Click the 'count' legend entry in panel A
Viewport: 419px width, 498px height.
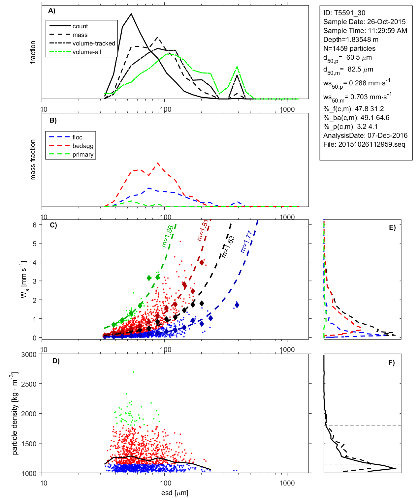coord(80,26)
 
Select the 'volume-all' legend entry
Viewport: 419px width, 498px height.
coord(86,52)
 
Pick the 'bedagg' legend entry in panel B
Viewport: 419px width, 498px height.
coord(83,146)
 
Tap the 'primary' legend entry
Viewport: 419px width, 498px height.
coord(83,155)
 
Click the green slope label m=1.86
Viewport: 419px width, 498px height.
coord(168,236)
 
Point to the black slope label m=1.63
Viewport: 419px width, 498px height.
coord(228,247)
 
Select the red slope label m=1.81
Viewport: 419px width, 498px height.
coord(202,230)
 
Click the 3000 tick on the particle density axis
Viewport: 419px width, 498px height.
coord(29,355)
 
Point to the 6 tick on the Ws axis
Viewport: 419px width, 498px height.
coord(34,225)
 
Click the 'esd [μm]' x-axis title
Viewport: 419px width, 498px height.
coord(175,493)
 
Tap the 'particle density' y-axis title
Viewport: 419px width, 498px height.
coord(15,414)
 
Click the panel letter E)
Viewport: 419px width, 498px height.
coord(392,227)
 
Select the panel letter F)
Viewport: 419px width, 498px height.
coord(392,363)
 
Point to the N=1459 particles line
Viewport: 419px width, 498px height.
coord(349,48)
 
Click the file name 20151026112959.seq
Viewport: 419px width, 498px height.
coord(371,144)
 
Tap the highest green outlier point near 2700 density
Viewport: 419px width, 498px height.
coord(133,372)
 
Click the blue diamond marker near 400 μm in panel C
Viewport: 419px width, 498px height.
coord(237,305)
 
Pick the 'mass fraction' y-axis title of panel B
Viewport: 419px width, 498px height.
coord(33,160)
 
